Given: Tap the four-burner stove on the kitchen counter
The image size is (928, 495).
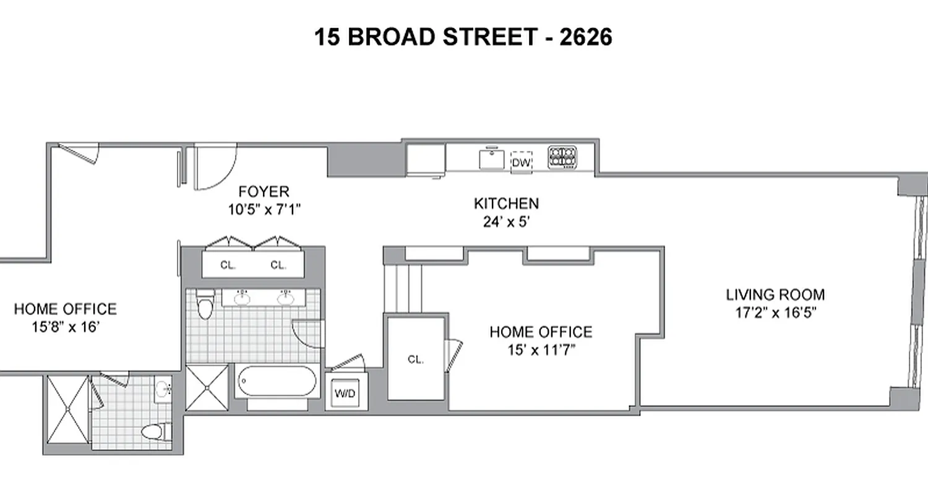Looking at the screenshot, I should [x=562, y=157].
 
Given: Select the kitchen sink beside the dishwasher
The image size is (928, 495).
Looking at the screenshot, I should [x=492, y=158].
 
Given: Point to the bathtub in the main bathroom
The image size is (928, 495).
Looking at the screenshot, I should [x=277, y=381].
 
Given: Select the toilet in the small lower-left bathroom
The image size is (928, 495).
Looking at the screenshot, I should [x=155, y=431].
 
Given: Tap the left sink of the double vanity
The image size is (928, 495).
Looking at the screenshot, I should [x=243, y=298].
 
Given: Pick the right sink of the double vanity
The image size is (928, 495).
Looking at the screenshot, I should [x=285, y=299].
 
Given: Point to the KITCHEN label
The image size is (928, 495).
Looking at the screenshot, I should [x=506, y=204].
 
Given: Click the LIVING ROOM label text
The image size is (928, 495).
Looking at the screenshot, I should [x=775, y=295].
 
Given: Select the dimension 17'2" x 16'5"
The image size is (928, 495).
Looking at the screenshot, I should [x=775, y=312].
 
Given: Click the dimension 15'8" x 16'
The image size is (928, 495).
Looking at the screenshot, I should [x=64, y=327].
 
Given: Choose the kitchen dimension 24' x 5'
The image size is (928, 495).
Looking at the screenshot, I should [x=506, y=221].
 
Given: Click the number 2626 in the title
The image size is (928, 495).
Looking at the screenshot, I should [x=585, y=37].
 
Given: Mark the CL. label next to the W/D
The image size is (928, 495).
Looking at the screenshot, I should [x=416, y=359].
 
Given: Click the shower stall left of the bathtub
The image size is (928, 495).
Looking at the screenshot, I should [x=207, y=388].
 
